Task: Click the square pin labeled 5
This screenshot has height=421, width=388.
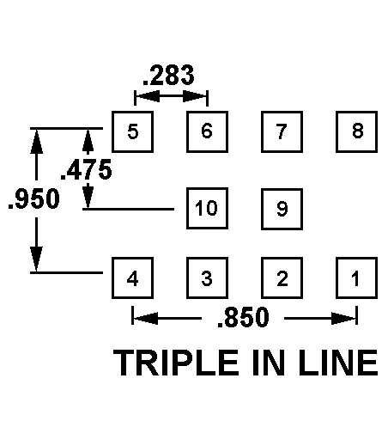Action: point(132,131)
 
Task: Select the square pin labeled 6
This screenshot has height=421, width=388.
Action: point(207,131)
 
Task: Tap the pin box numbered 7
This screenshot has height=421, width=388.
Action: point(282,131)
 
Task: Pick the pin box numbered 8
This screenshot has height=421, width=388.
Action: point(356,131)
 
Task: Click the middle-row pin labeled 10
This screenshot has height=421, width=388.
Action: point(207,209)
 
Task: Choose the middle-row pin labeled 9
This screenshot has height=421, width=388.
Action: point(282,209)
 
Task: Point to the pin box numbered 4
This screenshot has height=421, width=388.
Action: point(132,278)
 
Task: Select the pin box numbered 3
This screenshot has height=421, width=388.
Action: point(207,278)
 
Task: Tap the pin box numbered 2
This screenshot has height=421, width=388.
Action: point(282,278)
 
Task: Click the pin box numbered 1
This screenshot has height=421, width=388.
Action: point(356,278)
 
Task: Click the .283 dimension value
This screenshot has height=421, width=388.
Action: point(168,76)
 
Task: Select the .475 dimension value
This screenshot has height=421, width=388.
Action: point(86,169)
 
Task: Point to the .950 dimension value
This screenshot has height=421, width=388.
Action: point(34,198)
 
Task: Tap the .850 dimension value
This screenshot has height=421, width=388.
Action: point(243,317)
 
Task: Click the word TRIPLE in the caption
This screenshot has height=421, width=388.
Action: point(176,363)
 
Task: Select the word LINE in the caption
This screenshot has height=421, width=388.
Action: point(338,363)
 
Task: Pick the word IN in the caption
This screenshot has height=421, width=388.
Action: point(269,363)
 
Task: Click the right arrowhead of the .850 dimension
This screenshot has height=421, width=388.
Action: point(343,318)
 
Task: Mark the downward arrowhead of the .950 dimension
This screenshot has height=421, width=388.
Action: point(36,259)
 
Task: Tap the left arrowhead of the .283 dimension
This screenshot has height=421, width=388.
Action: point(147,96)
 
